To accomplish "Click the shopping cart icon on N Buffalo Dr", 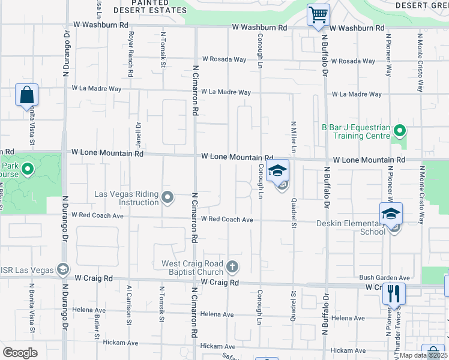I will pos(318,14).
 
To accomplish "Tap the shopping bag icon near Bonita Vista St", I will pos(27,95).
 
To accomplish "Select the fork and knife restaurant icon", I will pos(394,294).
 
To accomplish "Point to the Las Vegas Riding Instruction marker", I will pos(169,197).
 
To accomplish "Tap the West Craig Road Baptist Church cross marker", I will pos(233,266).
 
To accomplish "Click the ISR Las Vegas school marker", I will pos(62,269).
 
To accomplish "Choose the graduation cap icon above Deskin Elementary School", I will pos(390,214).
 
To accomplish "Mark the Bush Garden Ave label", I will pos(384,278).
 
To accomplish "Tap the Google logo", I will pos(20,353).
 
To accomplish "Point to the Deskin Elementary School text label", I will pos(351,227).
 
